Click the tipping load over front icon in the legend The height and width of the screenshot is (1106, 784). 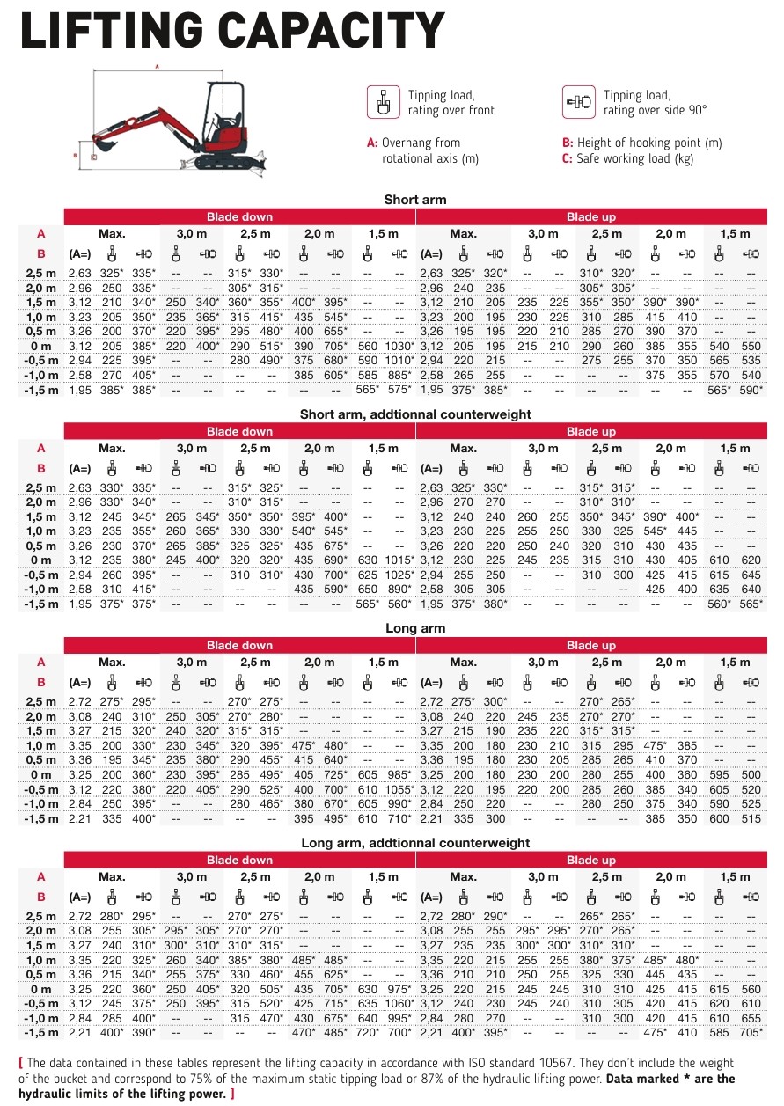click(x=383, y=102)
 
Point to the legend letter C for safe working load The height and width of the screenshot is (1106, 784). click(x=568, y=159)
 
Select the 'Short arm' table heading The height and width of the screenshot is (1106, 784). click(x=415, y=200)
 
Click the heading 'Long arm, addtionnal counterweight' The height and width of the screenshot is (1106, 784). click(x=415, y=843)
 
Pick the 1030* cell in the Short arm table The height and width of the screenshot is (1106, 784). click(x=399, y=347)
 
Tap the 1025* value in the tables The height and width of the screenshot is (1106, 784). click(x=399, y=574)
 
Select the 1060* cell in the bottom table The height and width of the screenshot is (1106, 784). click(x=399, y=1002)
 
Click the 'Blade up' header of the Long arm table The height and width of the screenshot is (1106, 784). click(x=590, y=645)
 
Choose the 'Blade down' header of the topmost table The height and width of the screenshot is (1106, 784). click(x=239, y=216)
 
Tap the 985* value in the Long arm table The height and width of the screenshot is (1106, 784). click(x=400, y=775)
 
